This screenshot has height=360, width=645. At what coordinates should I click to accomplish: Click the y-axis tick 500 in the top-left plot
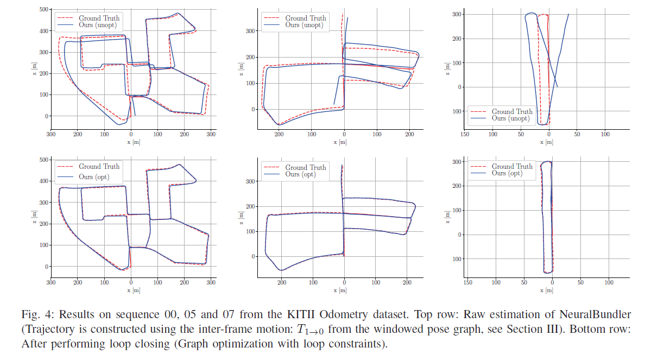42,10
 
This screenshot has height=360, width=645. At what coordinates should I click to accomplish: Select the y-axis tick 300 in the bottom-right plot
457,162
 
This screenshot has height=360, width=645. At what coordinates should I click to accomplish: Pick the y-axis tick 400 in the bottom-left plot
42,181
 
